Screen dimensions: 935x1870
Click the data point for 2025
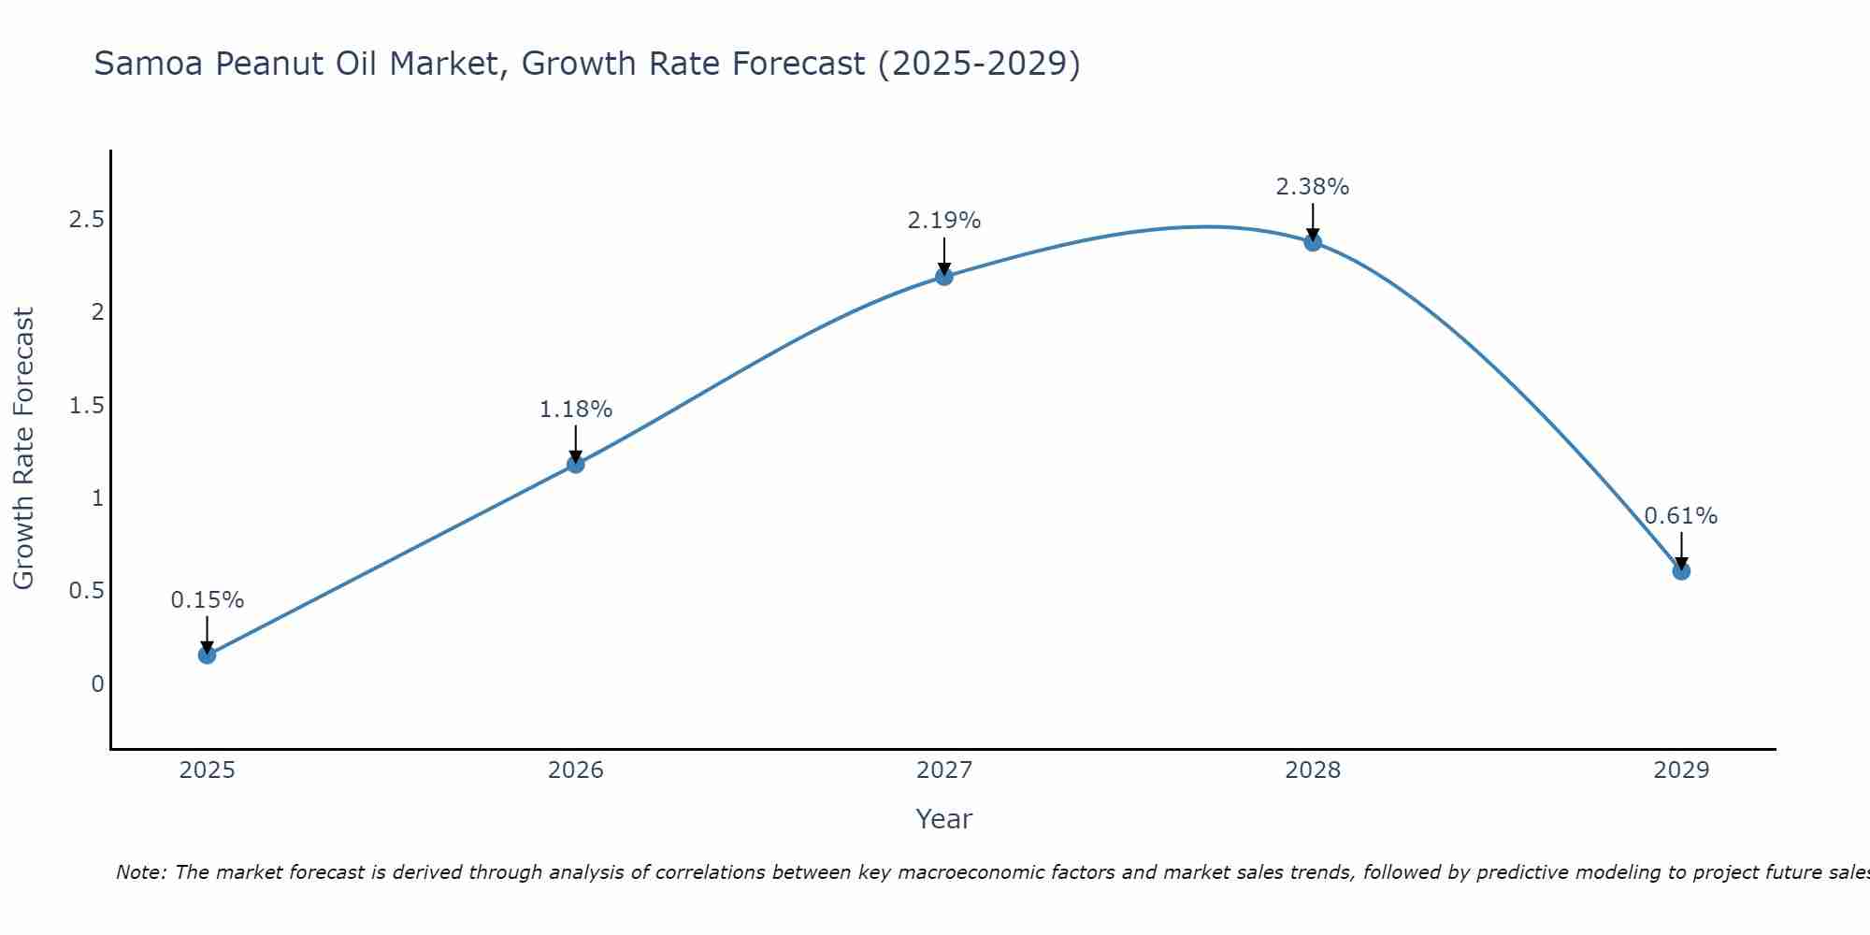(207, 655)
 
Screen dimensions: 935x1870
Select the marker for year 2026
(576, 464)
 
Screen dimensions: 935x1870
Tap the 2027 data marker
(944, 276)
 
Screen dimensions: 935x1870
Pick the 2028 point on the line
(1313, 241)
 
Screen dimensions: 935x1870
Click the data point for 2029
(1681, 570)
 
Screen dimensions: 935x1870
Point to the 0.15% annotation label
(207, 600)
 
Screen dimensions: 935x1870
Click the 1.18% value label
(576, 410)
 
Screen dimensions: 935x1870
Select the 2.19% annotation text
(944, 221)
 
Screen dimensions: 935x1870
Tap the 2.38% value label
(1313, 187)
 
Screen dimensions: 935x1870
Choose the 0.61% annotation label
(1681, 516)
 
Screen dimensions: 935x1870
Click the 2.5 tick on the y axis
(86, 220)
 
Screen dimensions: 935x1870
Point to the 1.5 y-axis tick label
(86, 405)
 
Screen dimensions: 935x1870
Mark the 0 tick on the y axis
(97, 684)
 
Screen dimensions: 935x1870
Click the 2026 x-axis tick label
(576, 770)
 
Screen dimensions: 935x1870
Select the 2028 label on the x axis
(1313, 770)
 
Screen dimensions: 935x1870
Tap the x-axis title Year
(944, 819)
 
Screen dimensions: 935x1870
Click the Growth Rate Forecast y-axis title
(24, 449)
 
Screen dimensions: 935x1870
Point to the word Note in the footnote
(140, 872)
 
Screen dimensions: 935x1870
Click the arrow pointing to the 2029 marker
(1681, 551)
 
